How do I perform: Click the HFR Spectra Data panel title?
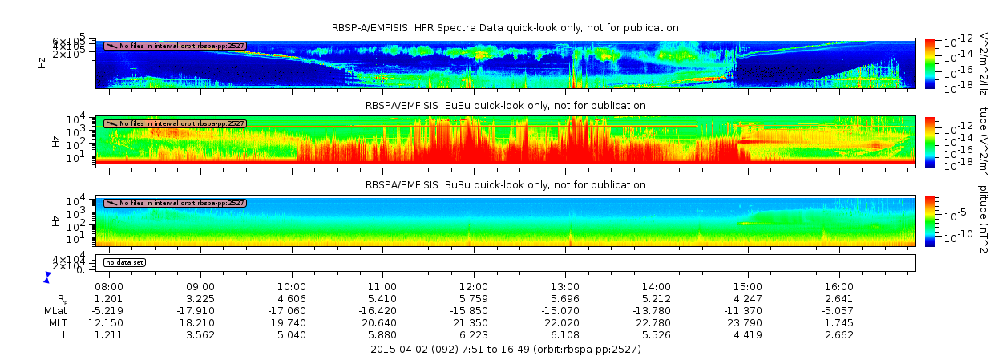pos(505,28)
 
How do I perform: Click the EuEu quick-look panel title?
pos(505,106)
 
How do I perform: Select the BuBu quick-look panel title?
pos(505,185)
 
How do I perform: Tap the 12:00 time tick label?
pos(474,286)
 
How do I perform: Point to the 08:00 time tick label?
pos(109,286)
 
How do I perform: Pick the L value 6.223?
pos(474,334)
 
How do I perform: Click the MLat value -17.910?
pos(200,310)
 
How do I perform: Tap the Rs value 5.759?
pos(474,298)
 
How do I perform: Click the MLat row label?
pos(56,310)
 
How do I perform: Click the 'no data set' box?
pos(123,262)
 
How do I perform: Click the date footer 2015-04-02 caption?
pos(505,350)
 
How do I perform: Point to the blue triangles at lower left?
pos(47,277)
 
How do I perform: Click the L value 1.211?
pos(109,334)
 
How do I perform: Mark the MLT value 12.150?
pos(109,322)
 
